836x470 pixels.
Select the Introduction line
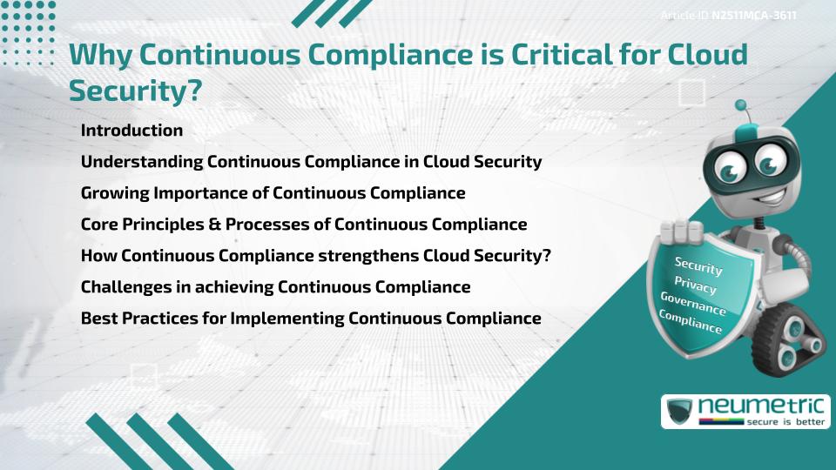[131, 131]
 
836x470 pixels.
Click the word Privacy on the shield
[696, 285]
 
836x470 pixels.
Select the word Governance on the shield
[693, 304]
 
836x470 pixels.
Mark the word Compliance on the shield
[691, 322]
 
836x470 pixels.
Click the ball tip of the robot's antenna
[741, 105]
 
